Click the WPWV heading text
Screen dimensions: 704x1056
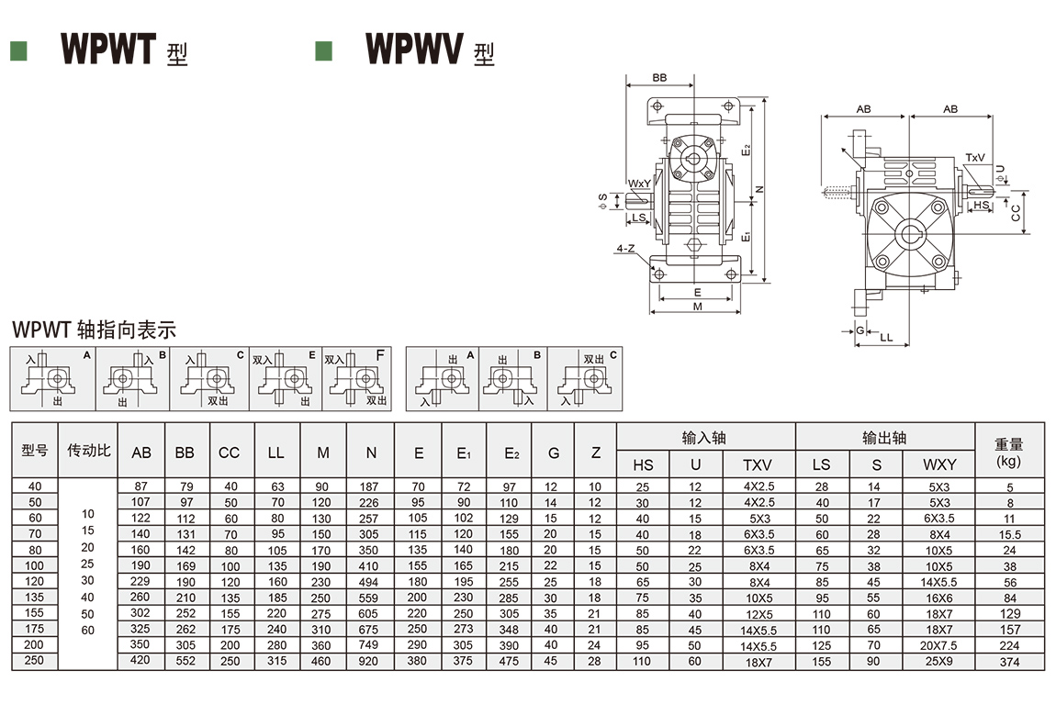coord(413,49)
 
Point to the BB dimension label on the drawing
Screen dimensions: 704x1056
coord(659,78)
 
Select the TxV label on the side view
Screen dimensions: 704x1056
coord(974,158)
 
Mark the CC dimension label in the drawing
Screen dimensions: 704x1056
coord(1016,213)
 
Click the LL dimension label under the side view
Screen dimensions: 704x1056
coord(886,338)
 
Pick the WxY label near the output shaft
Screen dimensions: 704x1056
coord(640,184)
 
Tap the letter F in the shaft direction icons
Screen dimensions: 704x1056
coord(380,354)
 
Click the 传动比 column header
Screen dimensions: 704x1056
coord(88,451)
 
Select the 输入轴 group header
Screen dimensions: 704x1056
coord(704,438)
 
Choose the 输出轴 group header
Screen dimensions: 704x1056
coord(884,438)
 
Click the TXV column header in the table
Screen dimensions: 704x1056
coord(758,465)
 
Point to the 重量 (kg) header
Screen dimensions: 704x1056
coord(1008,452)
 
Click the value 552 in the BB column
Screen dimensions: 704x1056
coord(185,661)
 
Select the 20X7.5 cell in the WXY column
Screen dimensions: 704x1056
coord(939,645)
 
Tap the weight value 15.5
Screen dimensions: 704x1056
coord(1010,534)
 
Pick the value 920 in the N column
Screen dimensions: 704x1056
coord(370,661)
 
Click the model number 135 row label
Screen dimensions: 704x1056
coord(34,598)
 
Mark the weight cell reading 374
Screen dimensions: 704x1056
coord(1010,662)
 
